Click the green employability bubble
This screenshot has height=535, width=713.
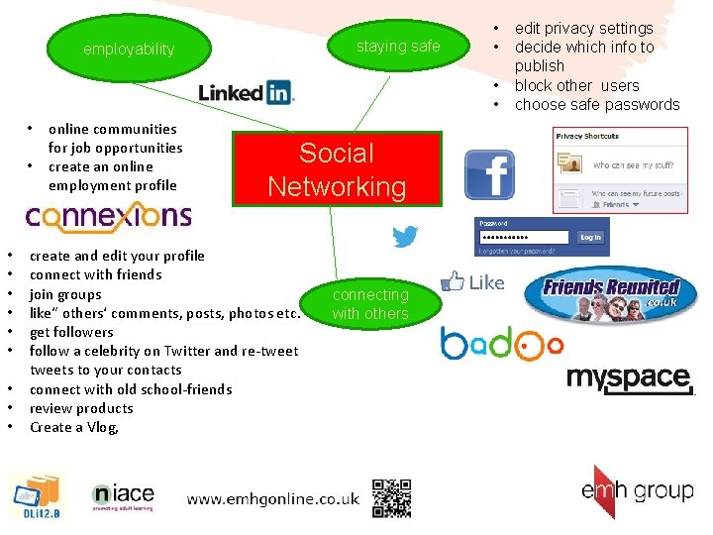click(129, 50)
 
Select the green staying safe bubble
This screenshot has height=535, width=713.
click(398, 47)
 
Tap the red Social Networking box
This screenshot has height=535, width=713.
click(337, 170)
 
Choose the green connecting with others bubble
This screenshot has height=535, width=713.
click(370, 304)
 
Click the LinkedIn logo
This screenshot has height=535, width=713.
click(247, 93)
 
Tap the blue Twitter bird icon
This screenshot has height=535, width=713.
click(405, 237)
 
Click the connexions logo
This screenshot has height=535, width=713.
click(108, 215)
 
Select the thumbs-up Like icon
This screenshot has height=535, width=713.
click(472, 282)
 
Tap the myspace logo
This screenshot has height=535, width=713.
click(629, 377)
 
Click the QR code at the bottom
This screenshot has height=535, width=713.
click(391, 497)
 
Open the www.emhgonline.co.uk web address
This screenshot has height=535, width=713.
click(272, 499)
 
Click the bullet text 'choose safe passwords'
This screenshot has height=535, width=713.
click(597, 105)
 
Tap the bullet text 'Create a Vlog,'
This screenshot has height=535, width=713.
click(74, 428)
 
